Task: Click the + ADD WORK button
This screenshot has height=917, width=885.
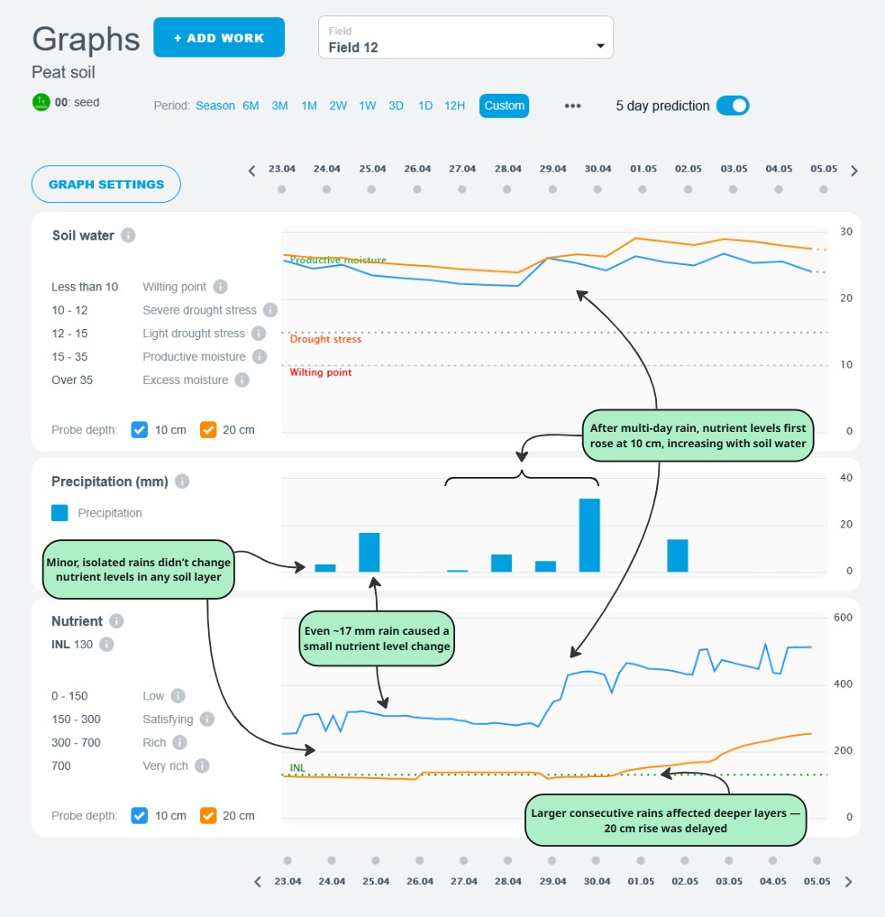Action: (219, 38)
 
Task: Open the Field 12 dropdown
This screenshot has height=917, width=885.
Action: (465, 38)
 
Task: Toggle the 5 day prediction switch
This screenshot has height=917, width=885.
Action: (732, 105)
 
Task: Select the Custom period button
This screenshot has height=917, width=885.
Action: (504, 105)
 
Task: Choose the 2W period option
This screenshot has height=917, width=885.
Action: (338, 105)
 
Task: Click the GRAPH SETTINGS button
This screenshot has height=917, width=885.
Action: (106, 184)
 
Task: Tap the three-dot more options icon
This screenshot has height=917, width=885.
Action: (572, 105)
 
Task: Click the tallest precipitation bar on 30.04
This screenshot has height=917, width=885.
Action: (589, 535)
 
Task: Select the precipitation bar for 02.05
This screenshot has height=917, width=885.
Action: (678, 555)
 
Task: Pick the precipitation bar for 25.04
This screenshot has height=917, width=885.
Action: (370, 552)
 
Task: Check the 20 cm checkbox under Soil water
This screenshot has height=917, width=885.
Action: (207, 430)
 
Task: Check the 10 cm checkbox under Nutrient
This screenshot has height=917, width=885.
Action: (139, 816)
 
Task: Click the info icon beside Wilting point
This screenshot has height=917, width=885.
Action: (221, 287)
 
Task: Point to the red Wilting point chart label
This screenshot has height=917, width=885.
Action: (320, 372)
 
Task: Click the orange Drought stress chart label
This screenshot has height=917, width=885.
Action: (325, 340)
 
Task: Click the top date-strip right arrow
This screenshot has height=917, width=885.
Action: (854, 170)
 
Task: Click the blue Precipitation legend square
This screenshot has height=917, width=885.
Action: (59, 513)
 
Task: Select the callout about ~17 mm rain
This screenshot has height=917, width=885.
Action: (374, 639)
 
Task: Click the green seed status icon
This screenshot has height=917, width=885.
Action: (41, 102)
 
